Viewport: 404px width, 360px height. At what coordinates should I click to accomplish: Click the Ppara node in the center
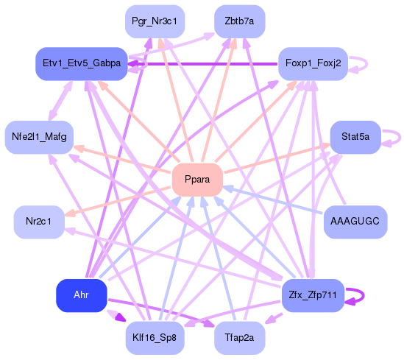pos(197,180)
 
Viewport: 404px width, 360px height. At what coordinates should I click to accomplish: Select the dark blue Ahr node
pos(81,295)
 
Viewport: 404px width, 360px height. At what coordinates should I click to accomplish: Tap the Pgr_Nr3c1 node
pos(154,21)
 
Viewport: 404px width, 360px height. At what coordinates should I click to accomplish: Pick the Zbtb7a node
pos(239,21)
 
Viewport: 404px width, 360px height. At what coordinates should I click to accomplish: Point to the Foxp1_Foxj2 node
pos(313,64)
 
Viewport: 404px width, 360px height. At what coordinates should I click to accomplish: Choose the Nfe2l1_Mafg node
pos(39,137)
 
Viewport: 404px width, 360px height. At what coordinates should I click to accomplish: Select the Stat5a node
pos(355,137)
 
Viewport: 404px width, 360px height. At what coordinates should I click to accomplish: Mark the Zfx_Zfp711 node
pos(313,295)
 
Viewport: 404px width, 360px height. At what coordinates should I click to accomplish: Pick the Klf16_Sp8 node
pos(155,338)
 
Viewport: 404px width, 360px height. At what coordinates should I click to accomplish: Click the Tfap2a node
pos(239,338)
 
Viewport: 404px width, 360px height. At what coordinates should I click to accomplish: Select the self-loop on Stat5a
pos(398,137)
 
